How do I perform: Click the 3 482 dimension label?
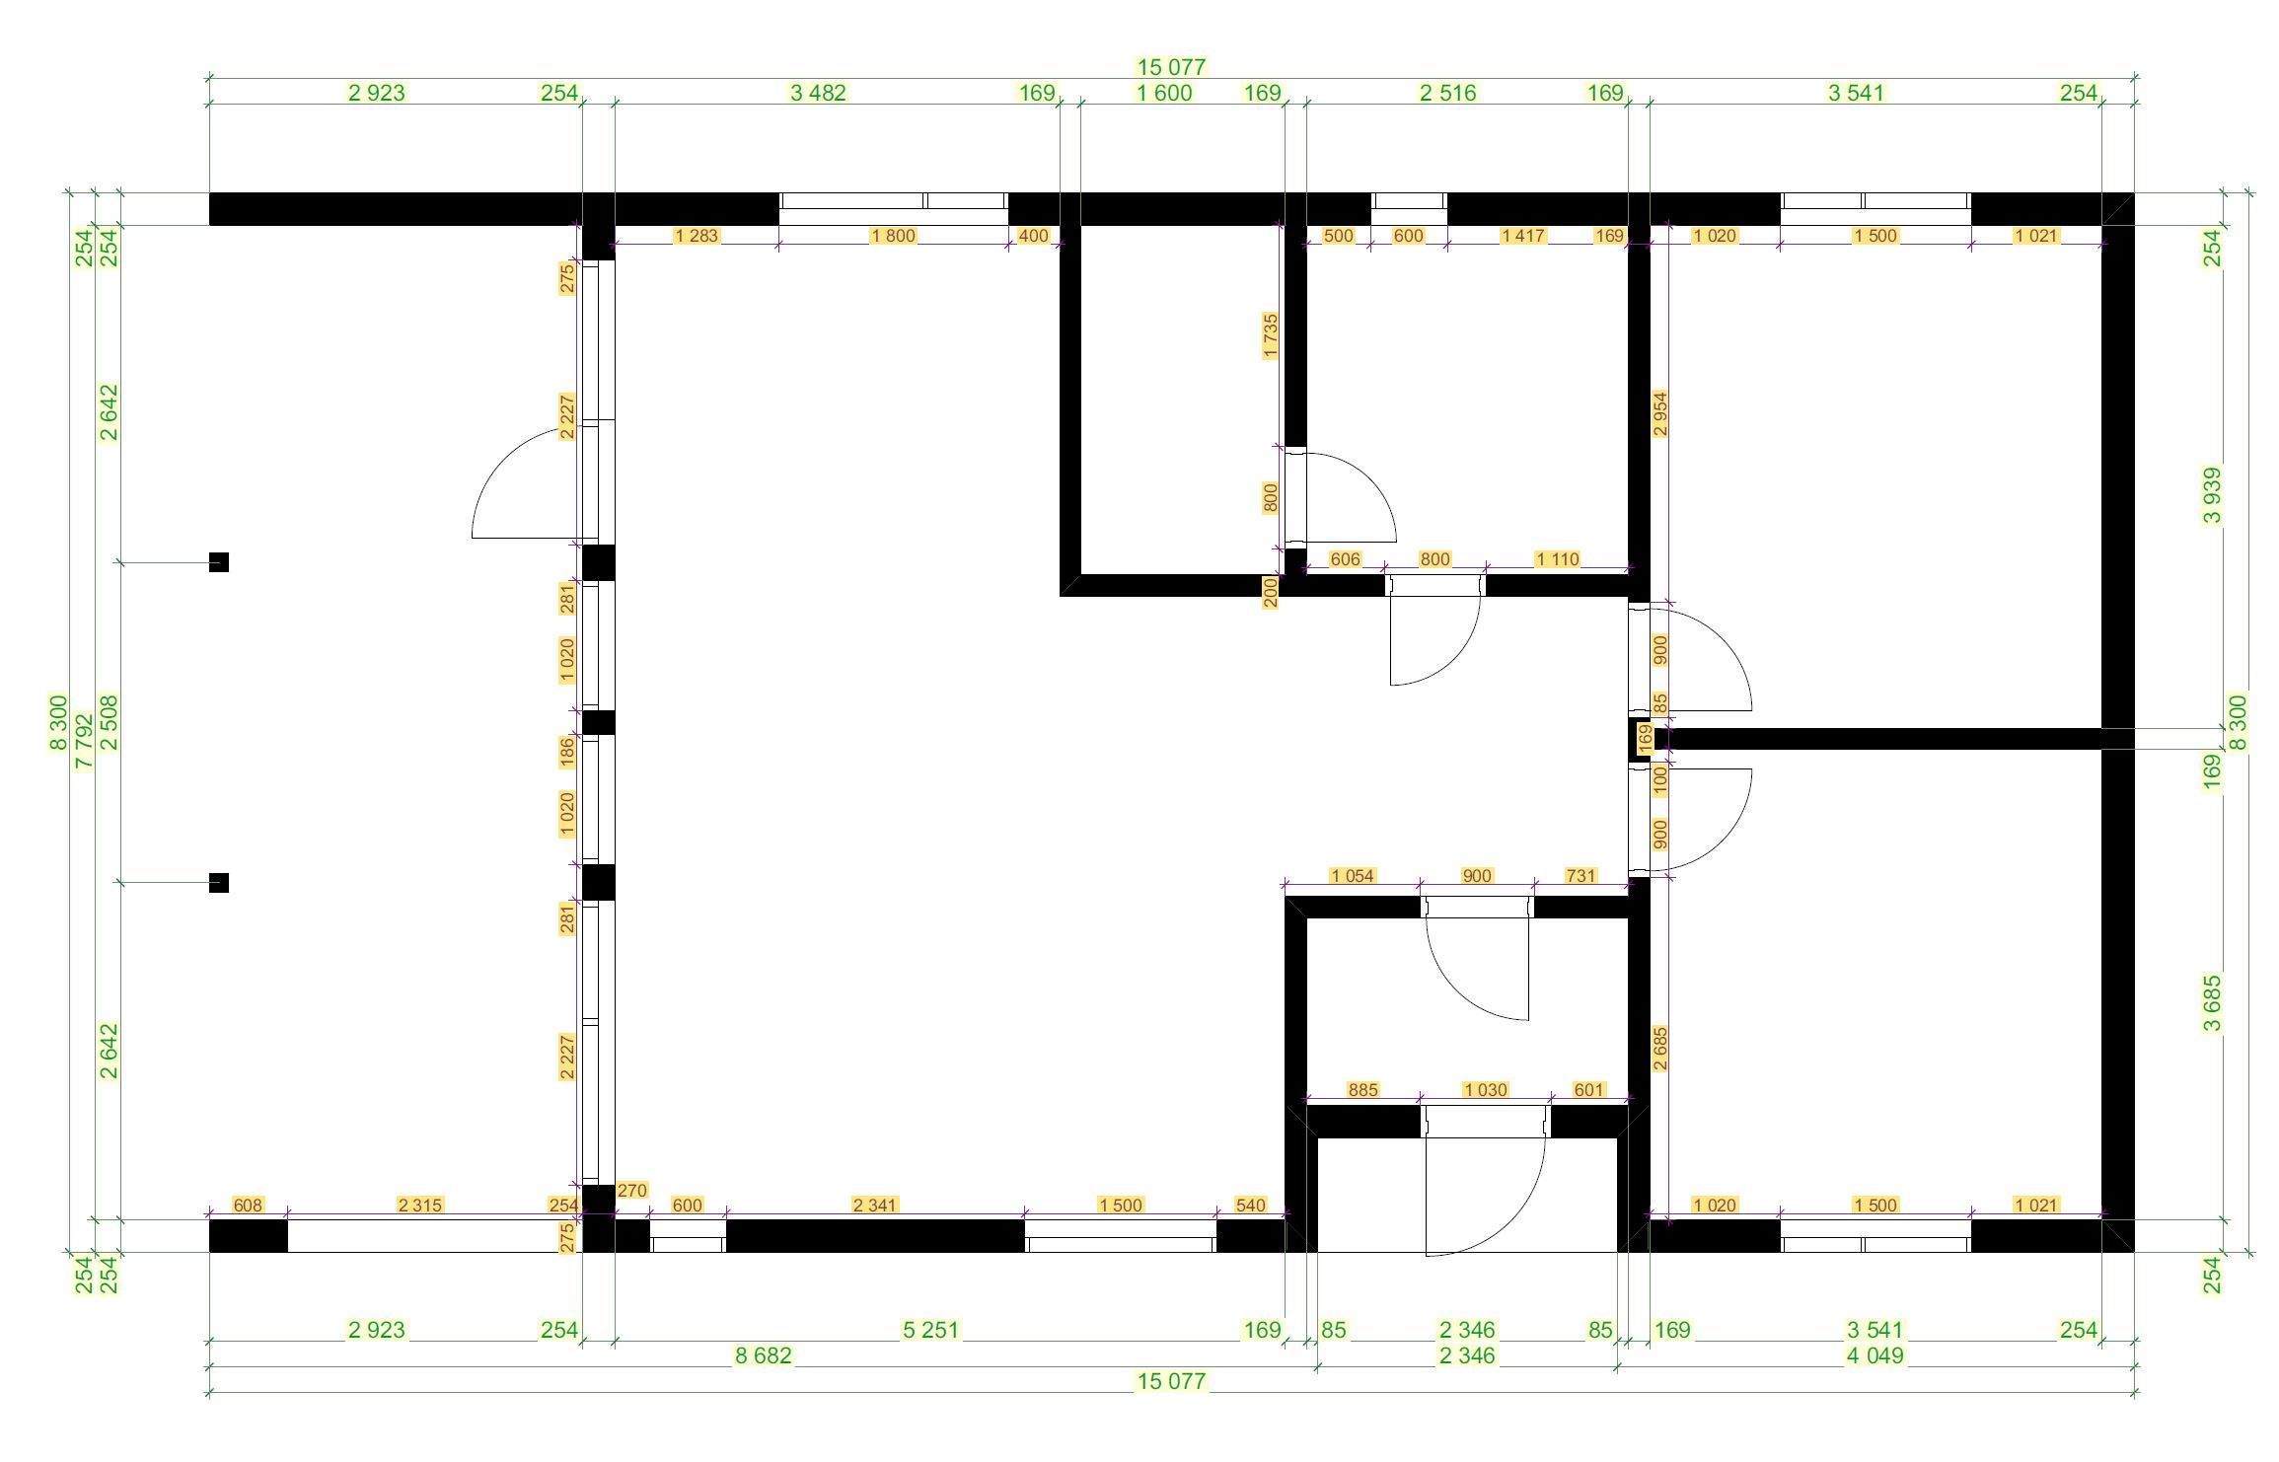(818, 93)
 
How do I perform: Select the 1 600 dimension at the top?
(1164, 93)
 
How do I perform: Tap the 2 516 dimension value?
(1447, 93)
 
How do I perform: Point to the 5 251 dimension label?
(930, 1330)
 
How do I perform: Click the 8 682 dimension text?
(763, 1355)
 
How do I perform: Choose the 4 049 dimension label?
(1875, 1355)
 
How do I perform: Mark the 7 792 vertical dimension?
(84, 741)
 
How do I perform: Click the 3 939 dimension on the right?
(2213, 496)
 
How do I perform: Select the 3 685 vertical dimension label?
(2213, 1003)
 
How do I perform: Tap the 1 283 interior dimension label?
(697, 236)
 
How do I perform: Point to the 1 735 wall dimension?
(1271, 336)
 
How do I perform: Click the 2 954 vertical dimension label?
(1660, 414)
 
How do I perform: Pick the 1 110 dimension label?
(1558, 559)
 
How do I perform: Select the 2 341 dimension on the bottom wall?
(875, 1205)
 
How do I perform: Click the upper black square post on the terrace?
(219, 562)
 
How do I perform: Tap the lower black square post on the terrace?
(219, 883)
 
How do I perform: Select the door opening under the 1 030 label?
(1486, 1122)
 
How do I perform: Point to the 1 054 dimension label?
(1352, 876)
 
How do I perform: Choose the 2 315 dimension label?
(420, 1205)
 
